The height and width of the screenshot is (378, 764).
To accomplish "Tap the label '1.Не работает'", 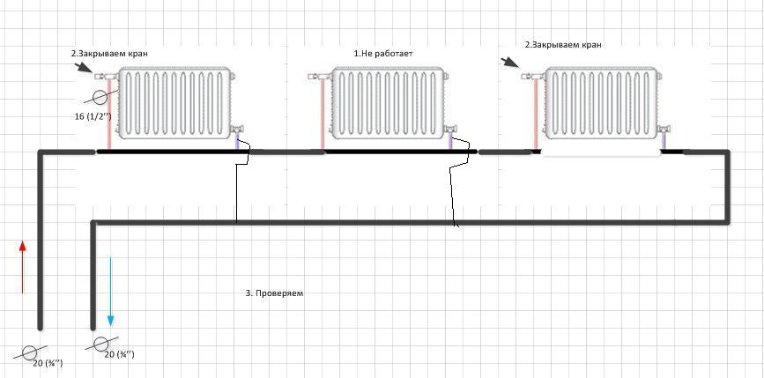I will tap(383, 54).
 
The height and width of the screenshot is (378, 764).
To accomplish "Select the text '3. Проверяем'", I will tap(274, 293).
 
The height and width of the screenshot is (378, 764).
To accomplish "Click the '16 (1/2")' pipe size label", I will tap(93, 115).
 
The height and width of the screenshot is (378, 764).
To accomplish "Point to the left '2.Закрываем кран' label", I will tap(109, 54).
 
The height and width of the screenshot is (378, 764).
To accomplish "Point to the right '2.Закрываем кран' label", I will tap(563, 44).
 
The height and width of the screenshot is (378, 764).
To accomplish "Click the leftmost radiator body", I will tap(175, 103).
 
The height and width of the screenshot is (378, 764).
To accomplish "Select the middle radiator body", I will tap(386, 103).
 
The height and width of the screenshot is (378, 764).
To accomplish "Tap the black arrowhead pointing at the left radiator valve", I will tap(83, 67).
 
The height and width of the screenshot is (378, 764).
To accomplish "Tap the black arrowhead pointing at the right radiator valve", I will tap(512, 63).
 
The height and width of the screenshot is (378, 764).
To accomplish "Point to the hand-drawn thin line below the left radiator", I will tap(237, 189).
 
